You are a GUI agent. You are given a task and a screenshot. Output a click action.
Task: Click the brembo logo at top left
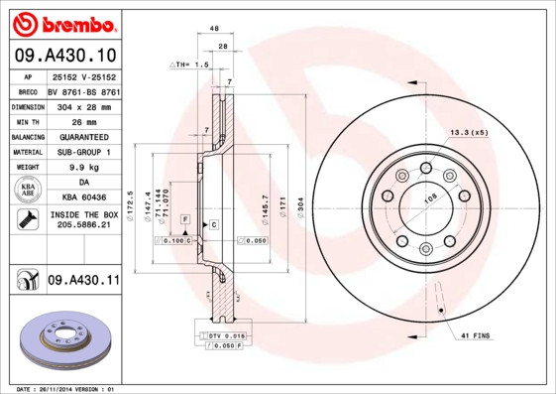(63, 22)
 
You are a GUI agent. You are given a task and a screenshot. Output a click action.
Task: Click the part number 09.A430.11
(83, 281)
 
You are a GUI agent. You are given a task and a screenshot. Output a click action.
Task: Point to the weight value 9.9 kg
(83, 168)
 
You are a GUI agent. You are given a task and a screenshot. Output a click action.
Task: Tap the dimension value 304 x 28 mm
(83, 104)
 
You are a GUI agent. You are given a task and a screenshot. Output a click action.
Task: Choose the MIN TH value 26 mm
(83, 120)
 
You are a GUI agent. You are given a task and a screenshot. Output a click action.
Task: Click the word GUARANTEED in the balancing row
(83, 136)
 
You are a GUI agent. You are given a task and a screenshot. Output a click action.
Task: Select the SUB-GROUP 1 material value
(83, 152)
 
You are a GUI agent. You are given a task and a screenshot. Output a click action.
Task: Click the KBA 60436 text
(83, 197)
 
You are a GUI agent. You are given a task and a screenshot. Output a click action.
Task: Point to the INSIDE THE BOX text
(83, 214)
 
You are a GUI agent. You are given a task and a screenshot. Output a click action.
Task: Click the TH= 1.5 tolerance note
(195, 64)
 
